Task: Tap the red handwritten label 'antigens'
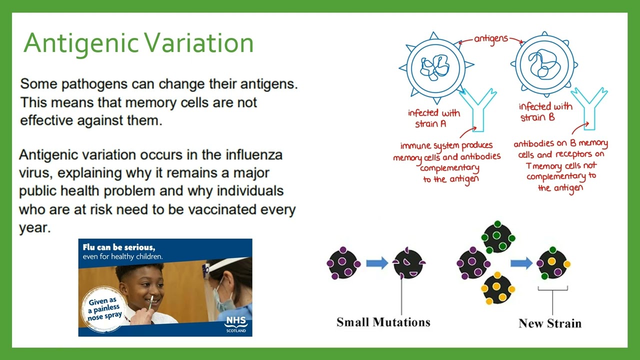490,38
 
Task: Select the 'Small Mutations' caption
383,322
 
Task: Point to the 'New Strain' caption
550,323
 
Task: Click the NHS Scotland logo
235,323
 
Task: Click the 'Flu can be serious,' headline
119,247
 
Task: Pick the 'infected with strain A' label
433,118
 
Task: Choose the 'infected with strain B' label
545,112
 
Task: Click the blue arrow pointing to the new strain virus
521,263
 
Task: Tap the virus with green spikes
498,236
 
